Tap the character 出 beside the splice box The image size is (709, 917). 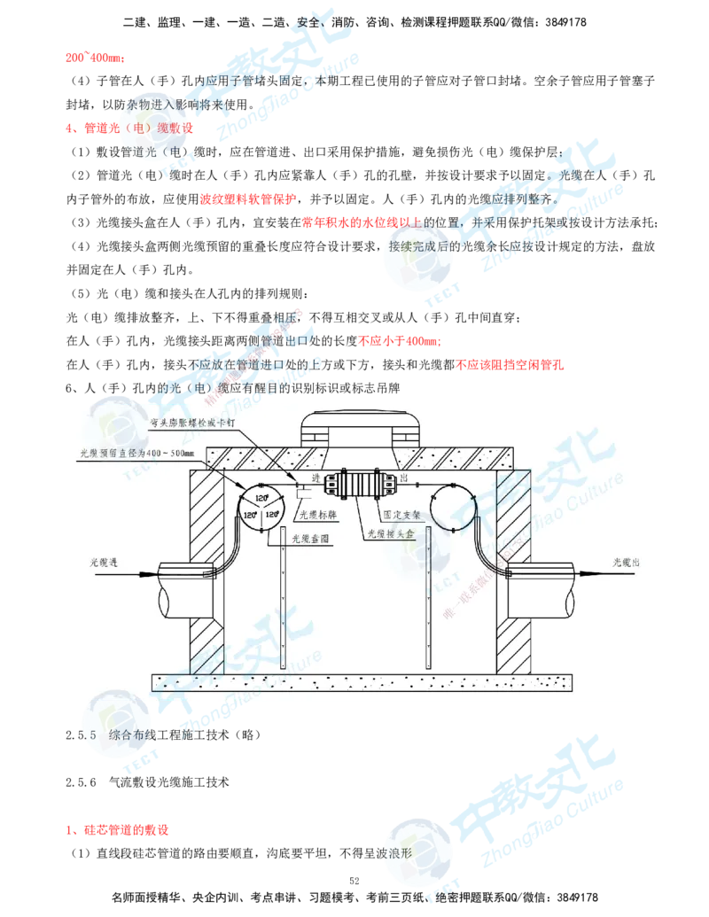point(405,478)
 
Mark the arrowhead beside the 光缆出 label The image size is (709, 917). point(588,573)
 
